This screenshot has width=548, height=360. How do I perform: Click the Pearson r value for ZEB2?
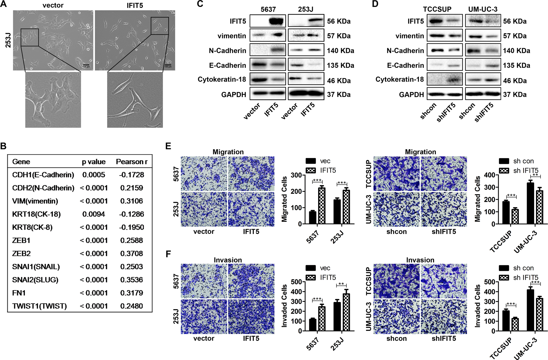pos(132,253)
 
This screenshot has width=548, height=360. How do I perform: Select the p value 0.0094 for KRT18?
pos(94,214)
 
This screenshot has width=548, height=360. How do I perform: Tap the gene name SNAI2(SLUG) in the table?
pos(35,280)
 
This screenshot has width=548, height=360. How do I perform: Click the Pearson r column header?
pos(132,162)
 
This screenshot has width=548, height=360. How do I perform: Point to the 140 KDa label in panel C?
pos(340,51)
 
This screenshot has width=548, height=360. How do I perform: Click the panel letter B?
pos(3,146)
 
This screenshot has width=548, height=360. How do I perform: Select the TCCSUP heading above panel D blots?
pos(437,9)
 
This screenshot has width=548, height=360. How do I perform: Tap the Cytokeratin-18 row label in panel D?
pos(399,79)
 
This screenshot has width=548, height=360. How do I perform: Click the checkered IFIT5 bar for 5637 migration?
pos(322,206)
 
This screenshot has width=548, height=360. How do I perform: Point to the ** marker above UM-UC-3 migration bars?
pos(535,175)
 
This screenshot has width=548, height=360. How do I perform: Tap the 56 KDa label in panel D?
pos(515,21)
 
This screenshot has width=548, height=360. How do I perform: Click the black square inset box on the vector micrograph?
pos(29,37)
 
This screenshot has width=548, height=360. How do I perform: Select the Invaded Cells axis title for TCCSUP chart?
pos(477,306)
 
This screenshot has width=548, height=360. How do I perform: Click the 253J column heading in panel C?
pos(305,9)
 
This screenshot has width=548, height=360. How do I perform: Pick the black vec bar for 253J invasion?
pos(337,317)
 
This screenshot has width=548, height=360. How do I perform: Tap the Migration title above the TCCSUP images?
pos(420,152)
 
